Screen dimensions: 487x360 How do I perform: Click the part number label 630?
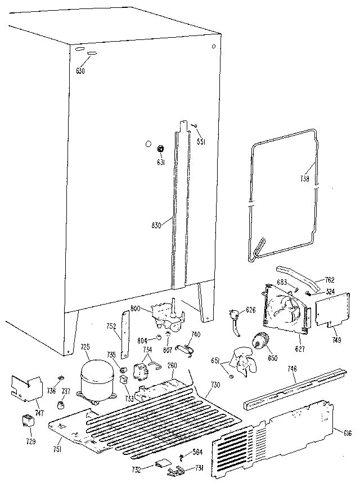pos(80,70)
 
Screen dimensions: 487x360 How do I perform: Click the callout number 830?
pos(157,226)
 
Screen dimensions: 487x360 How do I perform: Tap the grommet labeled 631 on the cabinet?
pos(160,149)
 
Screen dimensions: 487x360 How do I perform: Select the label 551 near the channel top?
pos(200,141)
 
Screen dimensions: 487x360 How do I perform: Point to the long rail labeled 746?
pos(292,388)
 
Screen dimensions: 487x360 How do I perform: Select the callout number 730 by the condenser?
pos(214,384)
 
